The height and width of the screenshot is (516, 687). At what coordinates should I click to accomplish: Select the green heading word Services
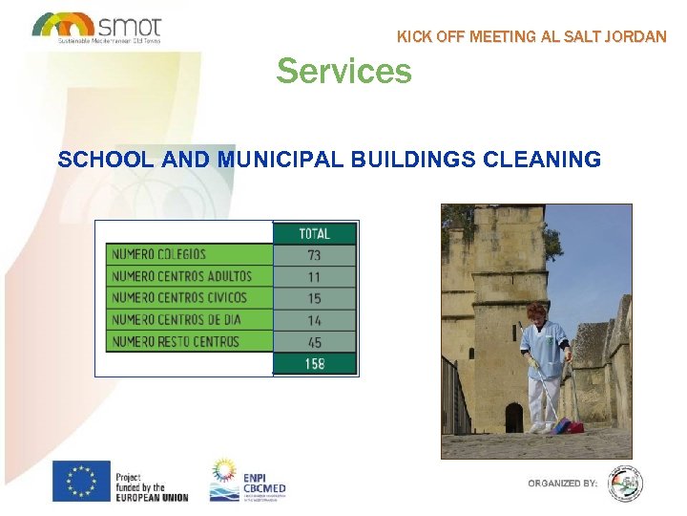coord(343,71)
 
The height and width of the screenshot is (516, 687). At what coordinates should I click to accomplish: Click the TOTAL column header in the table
coord(314,233)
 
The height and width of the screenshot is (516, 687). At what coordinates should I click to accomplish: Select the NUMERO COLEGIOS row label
coord(158,254)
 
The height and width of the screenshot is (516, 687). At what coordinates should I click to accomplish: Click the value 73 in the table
coord(314,255)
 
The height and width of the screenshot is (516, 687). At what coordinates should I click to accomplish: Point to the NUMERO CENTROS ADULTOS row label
coord(181,276)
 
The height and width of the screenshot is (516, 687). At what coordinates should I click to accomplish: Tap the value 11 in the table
coord(314,277)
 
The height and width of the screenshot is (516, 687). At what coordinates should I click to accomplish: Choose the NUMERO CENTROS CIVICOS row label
coord(178,298)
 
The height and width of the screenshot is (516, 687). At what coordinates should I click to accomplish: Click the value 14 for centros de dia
coord(314,321)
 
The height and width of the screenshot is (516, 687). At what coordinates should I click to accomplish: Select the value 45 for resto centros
coord(314,342)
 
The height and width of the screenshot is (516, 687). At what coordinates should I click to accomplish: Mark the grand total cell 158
coord(314,364)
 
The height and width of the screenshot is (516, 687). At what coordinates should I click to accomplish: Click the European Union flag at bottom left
coord(81,481)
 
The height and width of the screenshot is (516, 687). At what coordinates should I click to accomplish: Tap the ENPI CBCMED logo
coord(247,481)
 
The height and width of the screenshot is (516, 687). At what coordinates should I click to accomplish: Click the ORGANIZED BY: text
coord(563,484)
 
